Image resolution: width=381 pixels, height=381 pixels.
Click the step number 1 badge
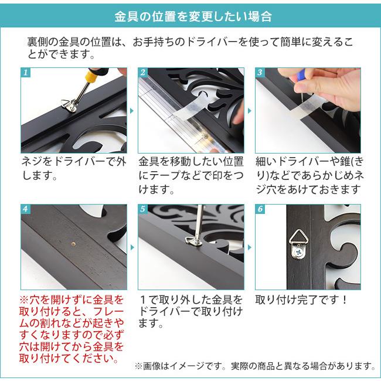coord(26,73)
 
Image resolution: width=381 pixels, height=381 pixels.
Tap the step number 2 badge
coord(143,73)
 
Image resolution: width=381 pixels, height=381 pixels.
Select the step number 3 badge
coord(260,73)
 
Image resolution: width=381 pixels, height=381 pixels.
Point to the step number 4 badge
coord(26,209)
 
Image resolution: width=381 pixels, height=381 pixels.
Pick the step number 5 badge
coord(143,209)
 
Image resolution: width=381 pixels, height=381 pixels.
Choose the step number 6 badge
coord(260,209)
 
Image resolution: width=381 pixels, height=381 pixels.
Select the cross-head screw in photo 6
coord(298,253)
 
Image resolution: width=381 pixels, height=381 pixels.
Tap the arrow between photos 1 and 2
coord(132,111)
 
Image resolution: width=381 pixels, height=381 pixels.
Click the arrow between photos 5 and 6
coord(250,247)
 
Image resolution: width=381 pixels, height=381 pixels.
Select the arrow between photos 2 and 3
coord(250,111)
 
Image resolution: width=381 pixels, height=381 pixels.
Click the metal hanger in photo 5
coord(192,241)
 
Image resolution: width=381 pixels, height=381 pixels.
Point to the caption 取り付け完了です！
coord(301,300)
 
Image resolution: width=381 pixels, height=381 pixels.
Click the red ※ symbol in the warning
coord(24,300)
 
